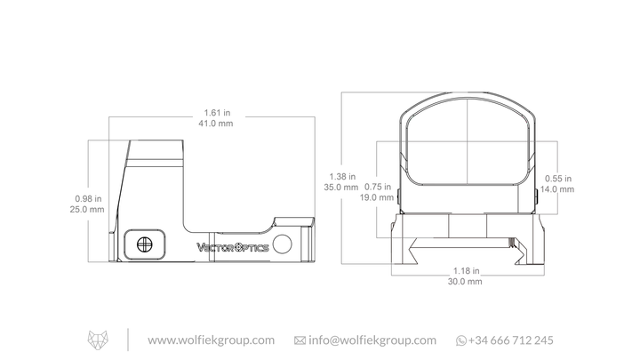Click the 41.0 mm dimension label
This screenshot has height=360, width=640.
(x=215, y=124)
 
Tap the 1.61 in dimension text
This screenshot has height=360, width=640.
(x=217, y=113)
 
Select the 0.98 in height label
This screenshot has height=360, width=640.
(x=88, y=199)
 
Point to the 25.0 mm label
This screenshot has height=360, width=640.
(x=87, y=210)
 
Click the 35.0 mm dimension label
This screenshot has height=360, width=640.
(x=341, y=188)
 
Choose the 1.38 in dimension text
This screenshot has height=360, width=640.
(x=342, y=177)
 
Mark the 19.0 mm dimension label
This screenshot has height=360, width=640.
(x=377, y=197)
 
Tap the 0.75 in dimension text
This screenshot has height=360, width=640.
(x=378, y=187)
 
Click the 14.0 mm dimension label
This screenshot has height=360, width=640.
(x=557, y=189)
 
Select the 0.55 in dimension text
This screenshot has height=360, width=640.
(x=558, y=179)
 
